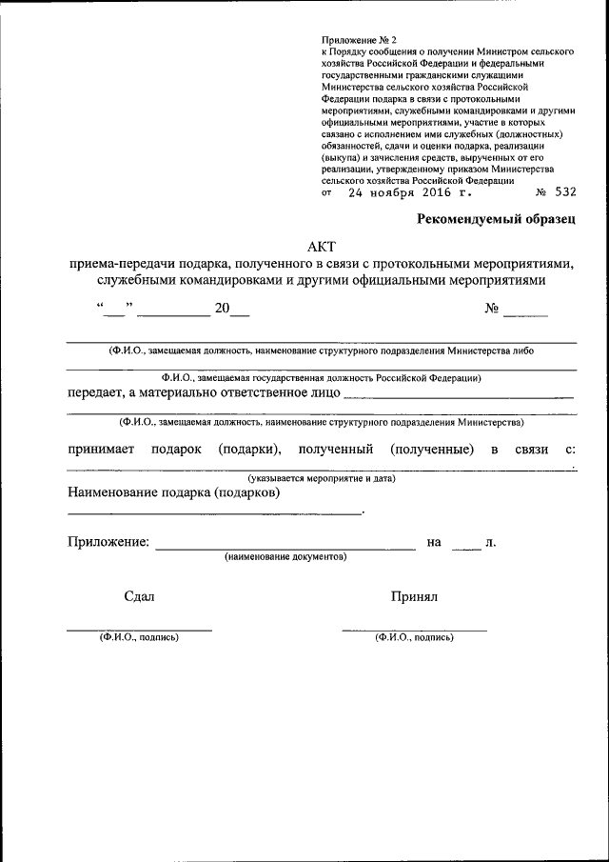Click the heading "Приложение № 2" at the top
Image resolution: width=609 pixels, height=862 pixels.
point(354,40)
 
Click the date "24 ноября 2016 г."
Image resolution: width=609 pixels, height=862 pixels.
point(410,191)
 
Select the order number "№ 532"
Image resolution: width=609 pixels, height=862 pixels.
point(556,191)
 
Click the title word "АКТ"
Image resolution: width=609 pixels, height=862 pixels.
point(322,246)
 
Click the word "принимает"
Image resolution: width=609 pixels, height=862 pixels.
point(101,450)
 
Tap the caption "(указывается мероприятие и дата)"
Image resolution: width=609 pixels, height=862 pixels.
point(322,477)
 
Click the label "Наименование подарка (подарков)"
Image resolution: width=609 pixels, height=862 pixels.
point(173,493)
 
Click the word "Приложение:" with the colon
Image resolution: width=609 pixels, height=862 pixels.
point(108,542)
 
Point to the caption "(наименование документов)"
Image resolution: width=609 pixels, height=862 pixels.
point(285,556)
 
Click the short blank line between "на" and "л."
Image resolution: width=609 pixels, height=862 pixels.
point(466,549)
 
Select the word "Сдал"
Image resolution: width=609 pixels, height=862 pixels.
point(139,596)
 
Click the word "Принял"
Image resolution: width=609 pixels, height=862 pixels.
point(413,596)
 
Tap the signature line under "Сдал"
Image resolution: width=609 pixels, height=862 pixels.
point(139,630)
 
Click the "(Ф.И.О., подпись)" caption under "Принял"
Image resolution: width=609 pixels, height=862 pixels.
point(414,637)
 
